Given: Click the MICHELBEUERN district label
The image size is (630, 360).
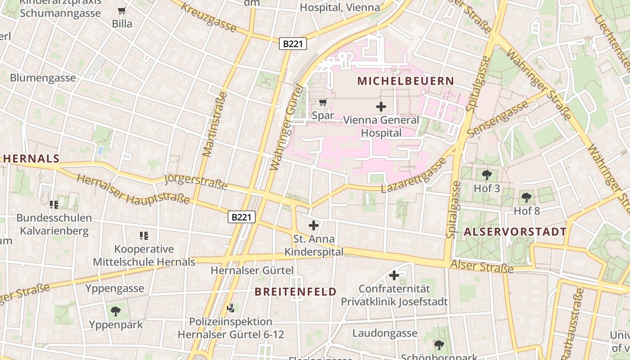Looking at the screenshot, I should coord(405,81).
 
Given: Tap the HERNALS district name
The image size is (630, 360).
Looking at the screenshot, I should coord(31,158).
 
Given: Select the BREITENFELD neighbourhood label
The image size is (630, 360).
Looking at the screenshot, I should coord(296,292).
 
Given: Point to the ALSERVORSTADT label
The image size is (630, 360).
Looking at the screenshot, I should coord(515,232).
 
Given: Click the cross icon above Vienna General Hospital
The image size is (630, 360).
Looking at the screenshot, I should coord(381,107).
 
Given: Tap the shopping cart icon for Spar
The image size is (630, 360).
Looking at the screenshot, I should coord(323,103).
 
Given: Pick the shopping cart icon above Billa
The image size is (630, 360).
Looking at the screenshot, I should coord(121,11).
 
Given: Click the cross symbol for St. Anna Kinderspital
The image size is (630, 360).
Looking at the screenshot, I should coord(314,225).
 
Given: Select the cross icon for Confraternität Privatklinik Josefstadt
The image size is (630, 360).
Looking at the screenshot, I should coord(394,275).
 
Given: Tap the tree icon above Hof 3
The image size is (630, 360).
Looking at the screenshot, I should coord(486,175).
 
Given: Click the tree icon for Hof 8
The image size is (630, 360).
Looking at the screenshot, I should coord(526,197).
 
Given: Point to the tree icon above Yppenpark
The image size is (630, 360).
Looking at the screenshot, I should coord(116,311).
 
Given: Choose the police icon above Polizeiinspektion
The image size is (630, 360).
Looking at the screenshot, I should coord(231,308).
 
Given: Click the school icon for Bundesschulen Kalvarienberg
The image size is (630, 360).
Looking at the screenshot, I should coord(54,205).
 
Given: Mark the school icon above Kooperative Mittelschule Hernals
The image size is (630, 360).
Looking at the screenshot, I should coord(144,235).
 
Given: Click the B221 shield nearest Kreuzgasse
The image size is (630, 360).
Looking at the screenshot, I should coord(293,44).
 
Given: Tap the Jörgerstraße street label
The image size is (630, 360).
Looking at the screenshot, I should coord(196,182).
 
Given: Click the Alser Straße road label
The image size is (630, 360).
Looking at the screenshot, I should coord(482,266).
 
